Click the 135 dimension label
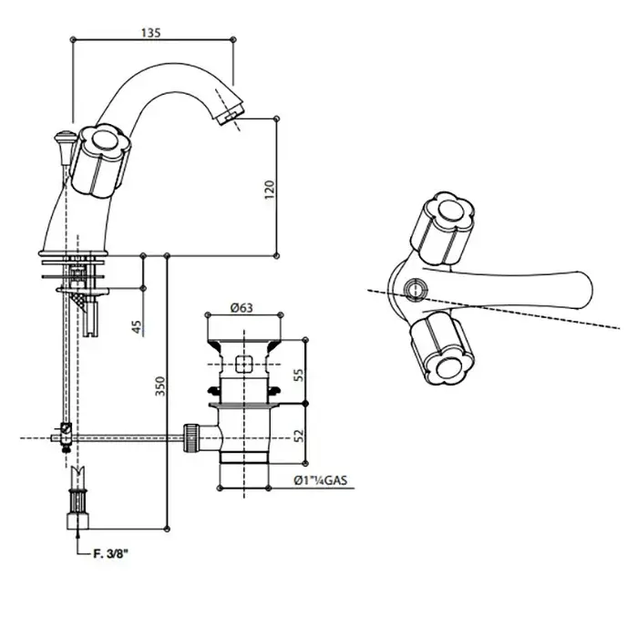pyautogui.click(x=151, y=33)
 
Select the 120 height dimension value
pyautogui.click(x=270, y=190)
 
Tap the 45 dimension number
pyautogui.click(x=137, y=326)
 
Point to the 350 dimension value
pyautogui.click(x=160, y=386)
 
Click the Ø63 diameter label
pyautogui.click(x=242, y=308)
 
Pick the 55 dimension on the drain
pyautogui.click(x=299, y=375)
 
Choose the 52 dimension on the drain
pyautogui.click(x=299, y=436)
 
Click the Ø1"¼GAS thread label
pyautogui.click(x=321, y=480)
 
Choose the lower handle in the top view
pyautogui.click(x=443, y=348)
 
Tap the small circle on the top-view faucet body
pyautogui.click(x=416, y=290)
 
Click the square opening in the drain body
pyautogui.click(x=243, y=364)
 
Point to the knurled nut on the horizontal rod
pyautogui.click(x=191, y=438)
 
